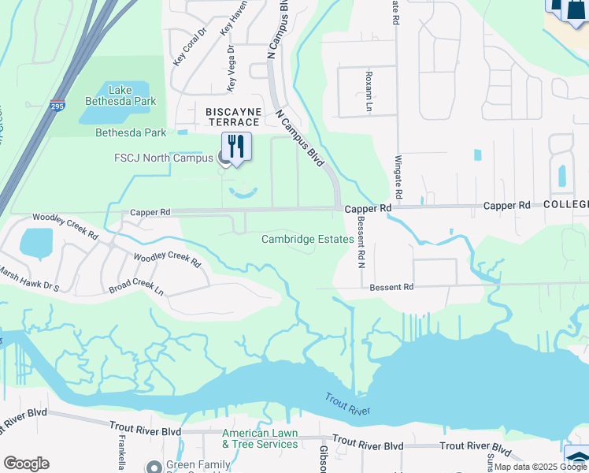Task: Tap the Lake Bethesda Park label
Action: [121, 95]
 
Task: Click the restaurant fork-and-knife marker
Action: [235, 146]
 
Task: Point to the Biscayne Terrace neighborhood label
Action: [233, 117]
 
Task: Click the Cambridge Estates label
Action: [307, 239]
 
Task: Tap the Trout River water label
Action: [347, 404]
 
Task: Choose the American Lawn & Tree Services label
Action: [260, 438]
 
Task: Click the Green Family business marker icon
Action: [154, 466]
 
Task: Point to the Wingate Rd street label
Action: [398, 178]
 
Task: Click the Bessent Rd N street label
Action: [361, 243]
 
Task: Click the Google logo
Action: [26, 464]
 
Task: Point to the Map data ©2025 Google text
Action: [541, 467]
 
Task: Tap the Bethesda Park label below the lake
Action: [131, 132]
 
